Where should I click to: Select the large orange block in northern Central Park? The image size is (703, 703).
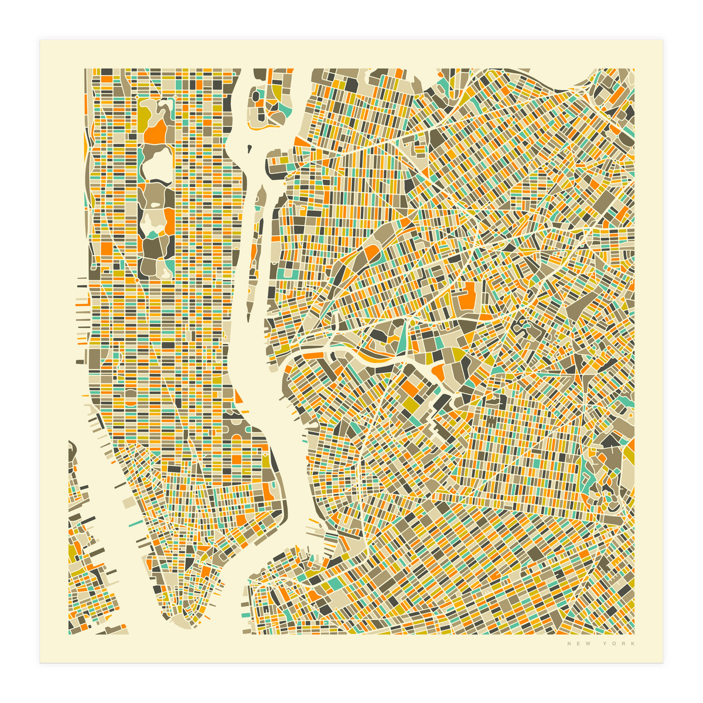(155, 133)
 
